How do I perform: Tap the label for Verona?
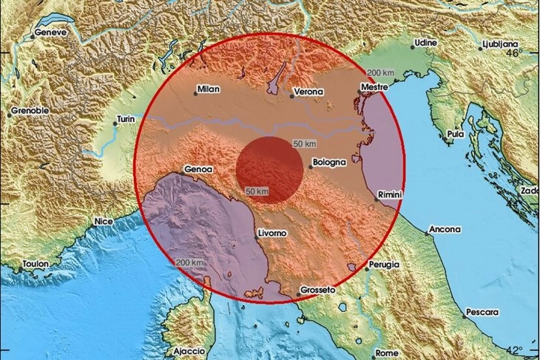tap(308, 92)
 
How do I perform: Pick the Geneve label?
tap(52, 33)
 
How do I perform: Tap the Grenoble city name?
tap(30, 112)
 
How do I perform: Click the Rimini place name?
tap(389, 194)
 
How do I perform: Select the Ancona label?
tap(445, 229)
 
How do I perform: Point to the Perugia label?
tap(383, 264)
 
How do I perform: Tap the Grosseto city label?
tap(320, 291)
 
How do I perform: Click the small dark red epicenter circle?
tap(269, 169)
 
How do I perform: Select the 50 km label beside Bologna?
tap(305, 142)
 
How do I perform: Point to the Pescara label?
tap(481, 313)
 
